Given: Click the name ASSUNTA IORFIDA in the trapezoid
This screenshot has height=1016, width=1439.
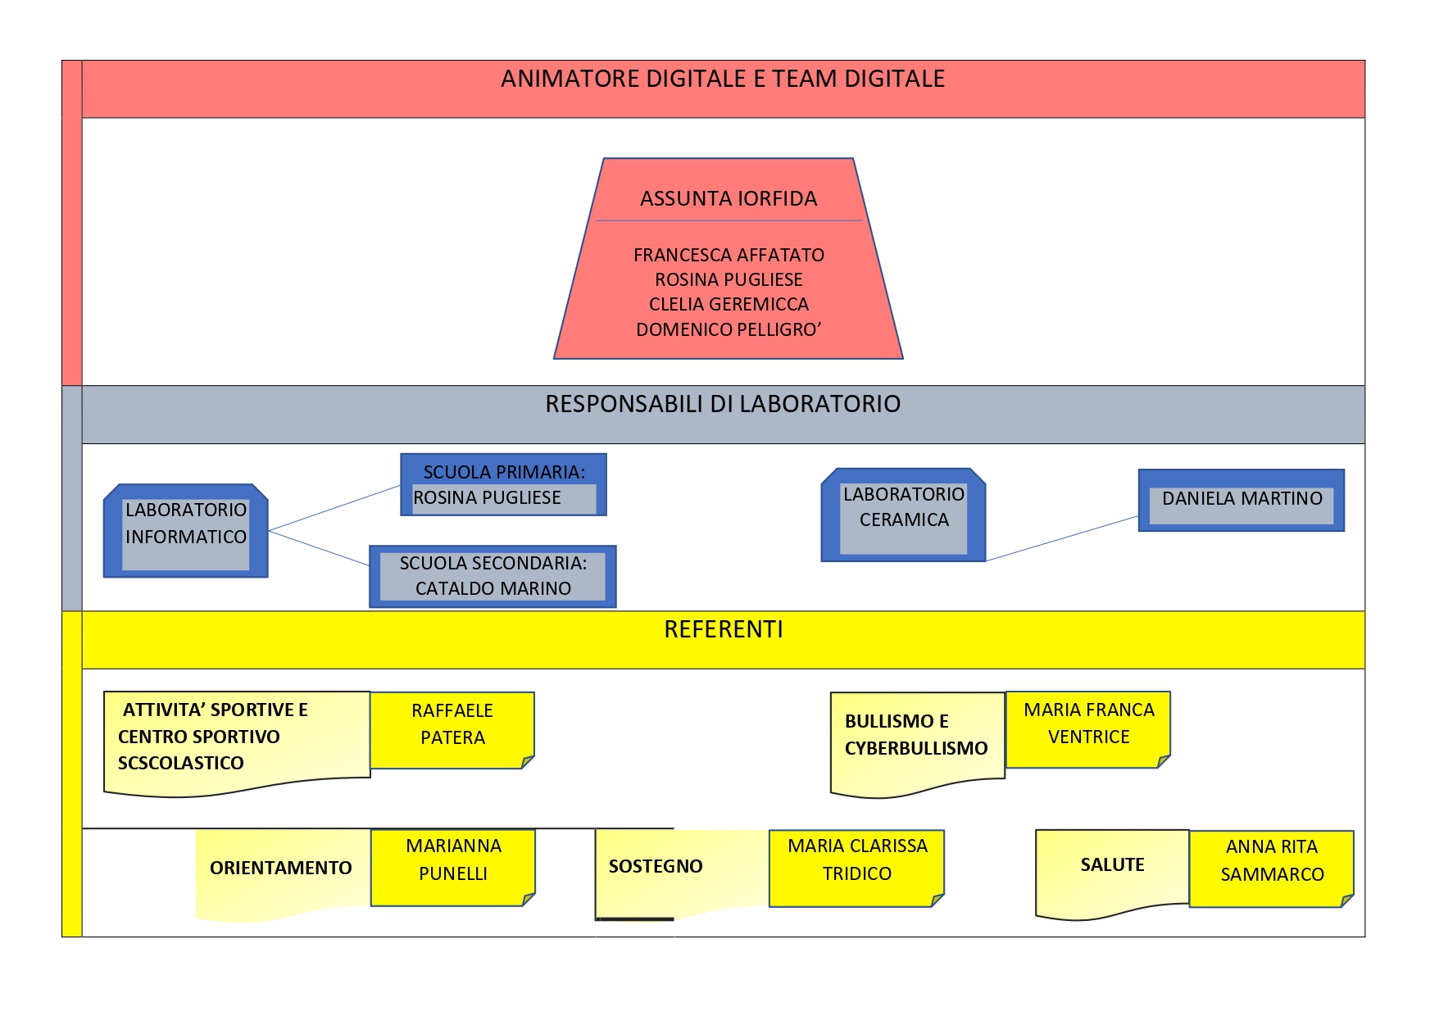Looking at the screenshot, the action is coord(729,199).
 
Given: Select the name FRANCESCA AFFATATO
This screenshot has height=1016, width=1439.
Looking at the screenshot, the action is coord(729,255).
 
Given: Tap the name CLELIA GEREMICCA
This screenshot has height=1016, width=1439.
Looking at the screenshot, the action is coord(729,305).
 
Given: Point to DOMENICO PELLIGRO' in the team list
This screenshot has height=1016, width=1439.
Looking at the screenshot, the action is coord(729,329).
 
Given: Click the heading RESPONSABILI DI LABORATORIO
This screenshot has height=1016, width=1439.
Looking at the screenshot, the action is coord(723,404).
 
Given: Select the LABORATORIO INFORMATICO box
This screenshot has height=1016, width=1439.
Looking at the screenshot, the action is coord(186,531).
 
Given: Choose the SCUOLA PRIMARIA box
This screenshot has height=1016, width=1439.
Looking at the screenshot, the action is coord(503,484).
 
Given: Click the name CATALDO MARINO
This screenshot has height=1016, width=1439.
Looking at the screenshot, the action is coord(493,588).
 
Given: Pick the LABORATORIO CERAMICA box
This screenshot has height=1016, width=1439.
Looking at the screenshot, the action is coord(903,515).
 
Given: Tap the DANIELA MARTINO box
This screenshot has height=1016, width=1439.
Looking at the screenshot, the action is coord(1242,500).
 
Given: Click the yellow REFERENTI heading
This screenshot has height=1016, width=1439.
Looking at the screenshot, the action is coord(724,629).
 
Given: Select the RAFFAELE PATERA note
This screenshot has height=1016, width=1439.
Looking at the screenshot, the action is coord(452,730).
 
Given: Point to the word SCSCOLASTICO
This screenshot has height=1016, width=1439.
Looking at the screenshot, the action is coord(181,764).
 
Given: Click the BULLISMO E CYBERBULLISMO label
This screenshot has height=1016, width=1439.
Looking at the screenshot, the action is coord(916,735).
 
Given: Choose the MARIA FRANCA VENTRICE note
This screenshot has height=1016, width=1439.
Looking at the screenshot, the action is coord(1088,729).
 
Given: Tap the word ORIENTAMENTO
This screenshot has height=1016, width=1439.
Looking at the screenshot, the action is coord(281,869).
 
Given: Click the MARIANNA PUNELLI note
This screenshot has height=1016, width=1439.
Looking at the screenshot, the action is coord(453,868).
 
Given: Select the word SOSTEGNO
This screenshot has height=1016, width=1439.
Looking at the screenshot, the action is coord(656,867).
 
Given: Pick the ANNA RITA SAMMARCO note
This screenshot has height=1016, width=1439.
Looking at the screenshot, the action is coord(1272,869).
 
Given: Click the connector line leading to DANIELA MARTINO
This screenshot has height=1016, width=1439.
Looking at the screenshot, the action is coord(1062,539).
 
